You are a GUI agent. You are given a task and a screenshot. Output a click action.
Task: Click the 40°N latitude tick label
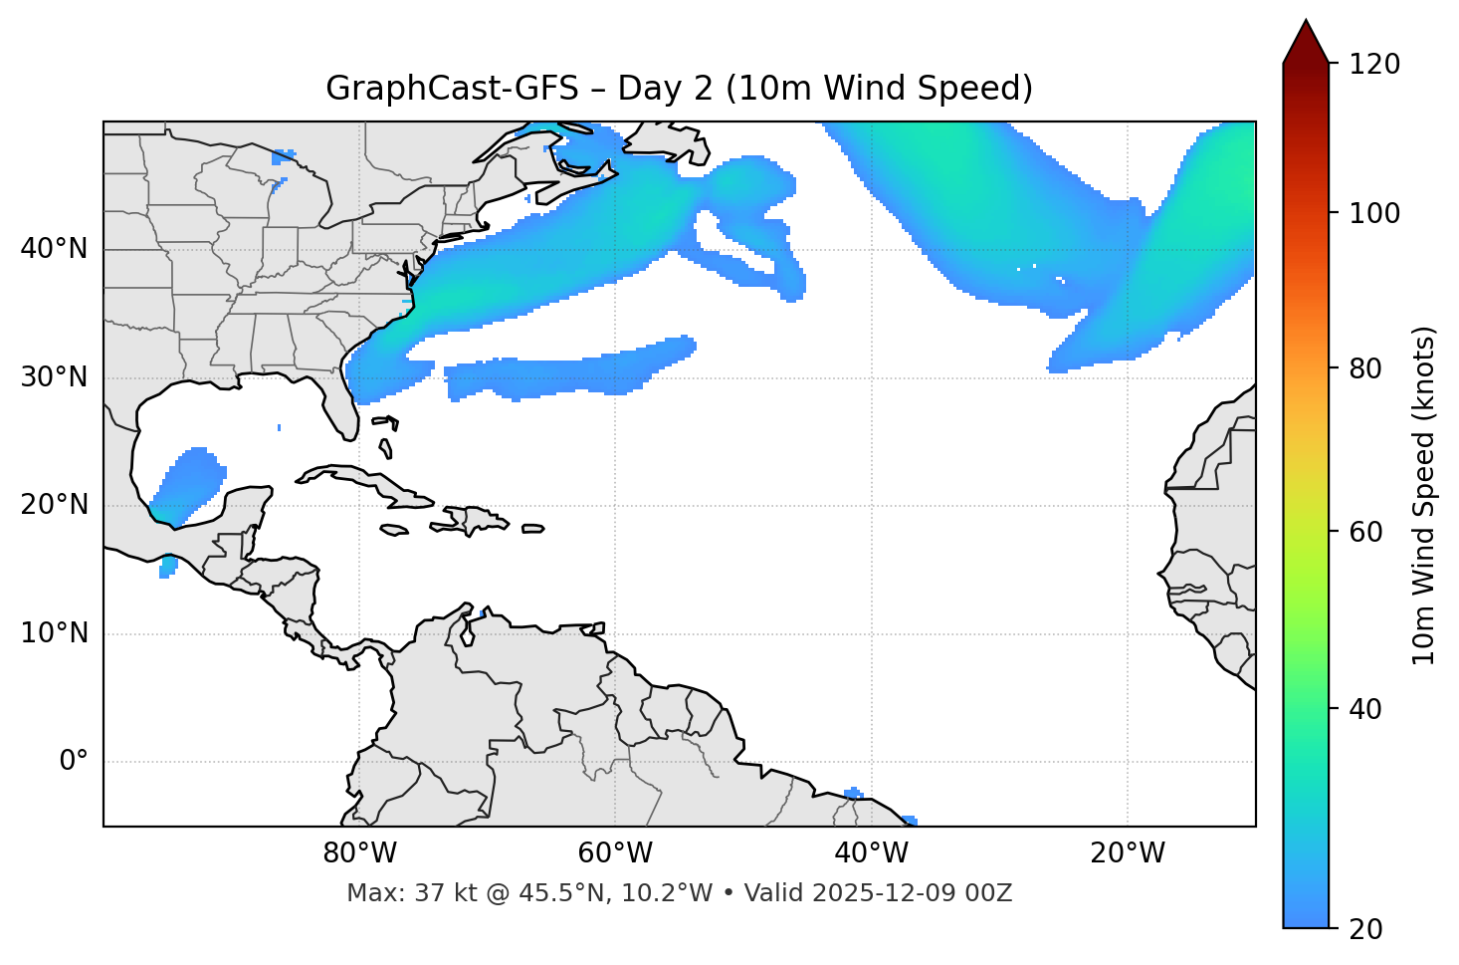pos(54,249)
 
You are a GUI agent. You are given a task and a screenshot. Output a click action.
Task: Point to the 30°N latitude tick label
pos(54,377)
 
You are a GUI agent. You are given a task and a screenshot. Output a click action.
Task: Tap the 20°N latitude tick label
pos(54,505)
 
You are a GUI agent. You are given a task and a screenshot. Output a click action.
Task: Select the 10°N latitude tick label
pos(54,633)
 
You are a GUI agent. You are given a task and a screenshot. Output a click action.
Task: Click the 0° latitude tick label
pos(74,762)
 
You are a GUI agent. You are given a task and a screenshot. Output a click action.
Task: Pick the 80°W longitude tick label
pos(359,853)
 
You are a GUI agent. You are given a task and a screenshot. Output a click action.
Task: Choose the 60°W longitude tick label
pos(615,853)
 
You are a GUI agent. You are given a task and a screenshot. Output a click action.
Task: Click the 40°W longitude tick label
pos(871,853)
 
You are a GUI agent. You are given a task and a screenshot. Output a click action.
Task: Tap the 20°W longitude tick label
pos(1128,853)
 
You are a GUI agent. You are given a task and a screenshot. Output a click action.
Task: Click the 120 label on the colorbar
pos(1374,65)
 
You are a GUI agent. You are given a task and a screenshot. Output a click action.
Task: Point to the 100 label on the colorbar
pos(1374,213)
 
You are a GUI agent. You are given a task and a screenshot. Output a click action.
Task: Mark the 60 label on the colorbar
pos(1367,532)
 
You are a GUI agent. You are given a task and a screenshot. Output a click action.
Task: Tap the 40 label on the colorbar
pos(1367,709)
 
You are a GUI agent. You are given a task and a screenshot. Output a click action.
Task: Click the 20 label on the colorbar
pos(1367,929)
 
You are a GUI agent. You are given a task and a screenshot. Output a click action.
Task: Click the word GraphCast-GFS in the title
pos(452,89)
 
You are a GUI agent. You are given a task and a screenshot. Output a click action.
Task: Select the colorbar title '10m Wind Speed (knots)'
pos(1424,496)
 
